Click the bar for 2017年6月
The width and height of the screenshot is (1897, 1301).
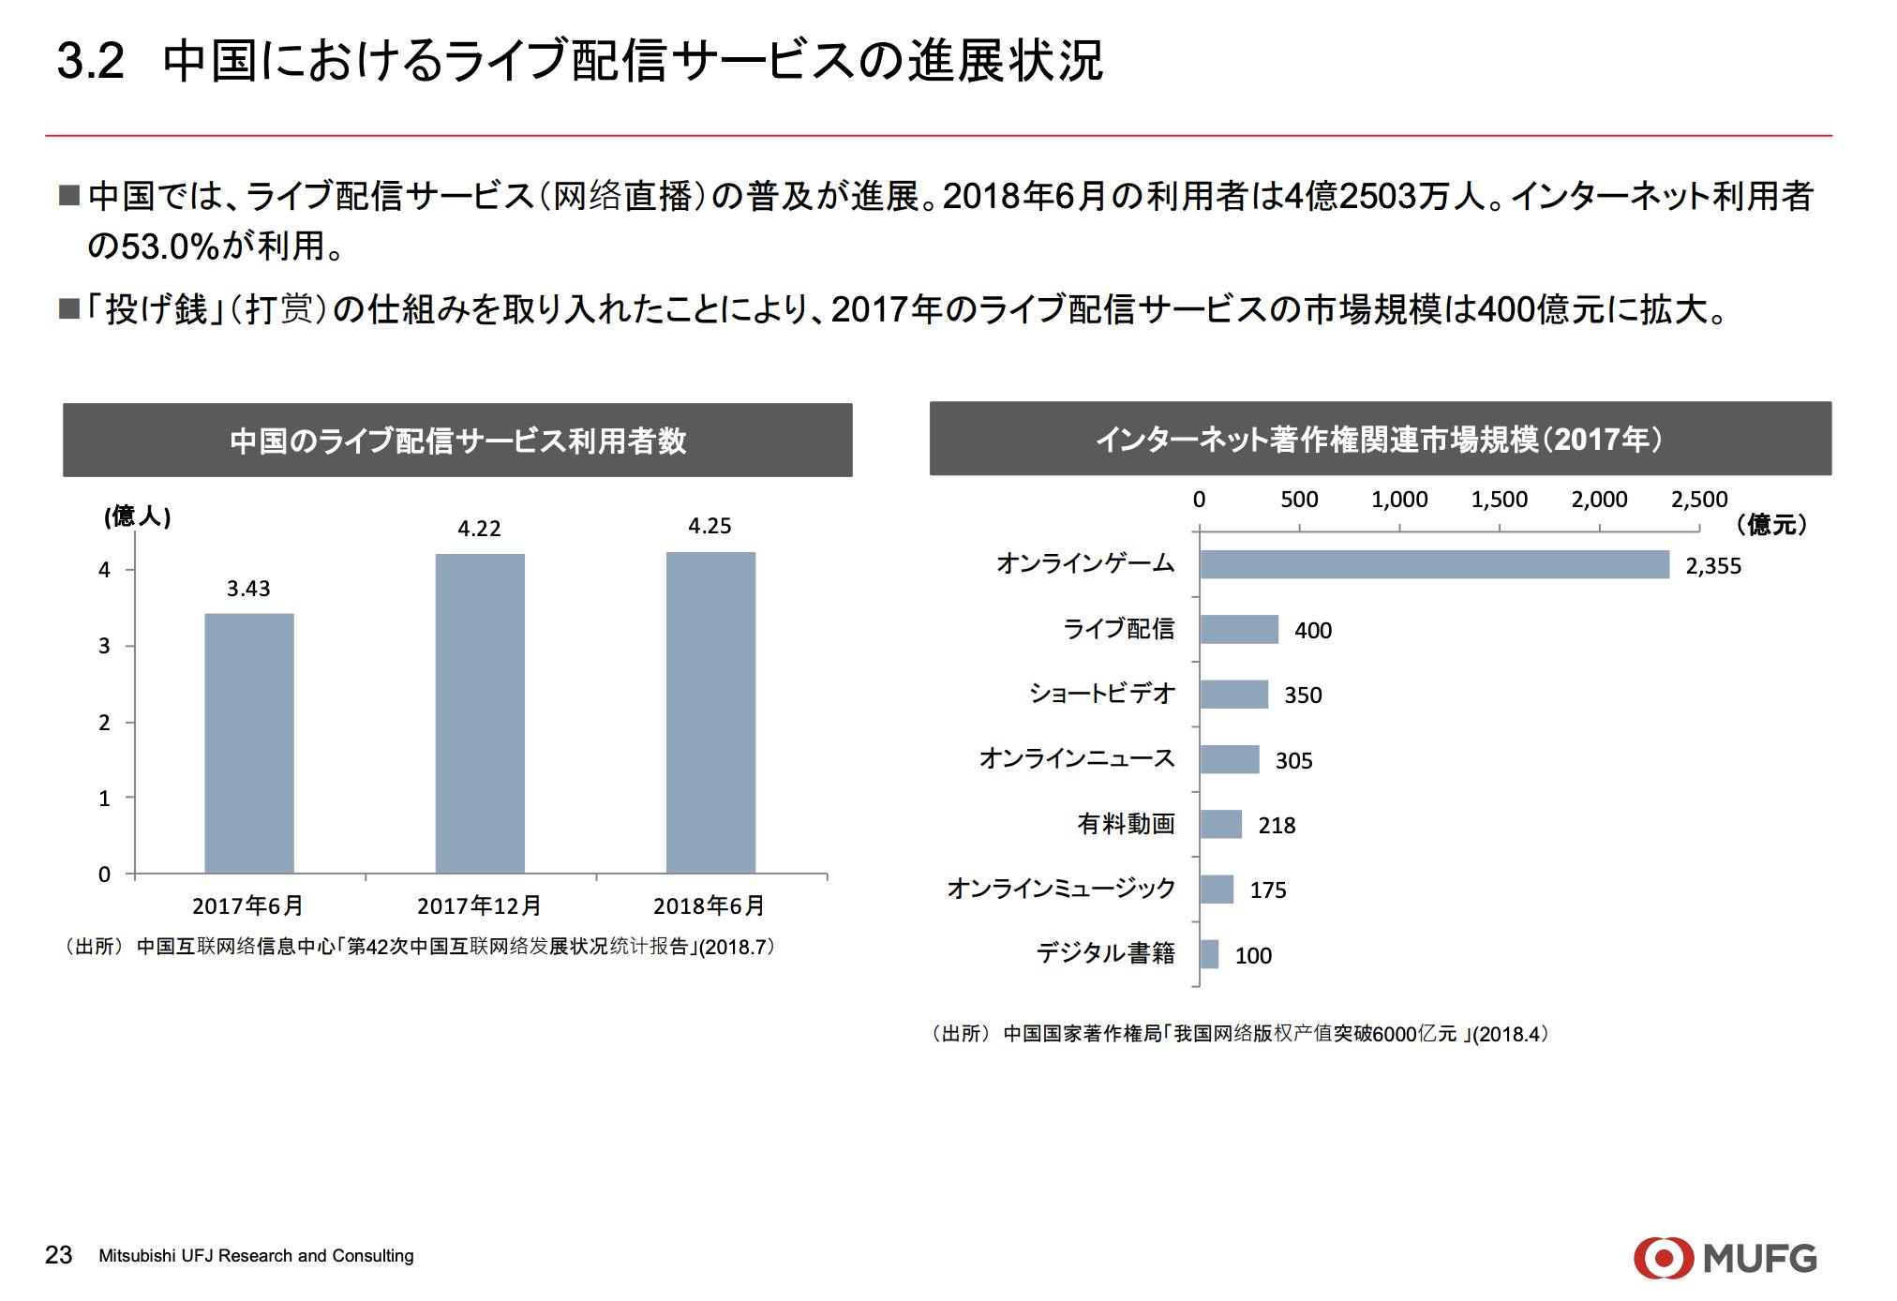[x=248, y=743]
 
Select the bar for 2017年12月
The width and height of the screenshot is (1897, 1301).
[x=479, y=713]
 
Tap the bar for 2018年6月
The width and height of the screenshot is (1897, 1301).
[x=710, y=712]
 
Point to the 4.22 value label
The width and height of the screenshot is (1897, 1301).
[x=479, y=529]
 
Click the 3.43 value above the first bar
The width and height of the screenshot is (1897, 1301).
[x=248, y=589]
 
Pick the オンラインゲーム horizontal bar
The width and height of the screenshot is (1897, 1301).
[x=1434, y=564]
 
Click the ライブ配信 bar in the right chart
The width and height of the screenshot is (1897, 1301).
[x=1238, y=629]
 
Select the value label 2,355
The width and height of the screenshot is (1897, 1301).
[x=1712, y=566]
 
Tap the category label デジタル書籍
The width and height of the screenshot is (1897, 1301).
[x=1105, y=953]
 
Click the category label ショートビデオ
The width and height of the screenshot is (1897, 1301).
[x=1101, y=694]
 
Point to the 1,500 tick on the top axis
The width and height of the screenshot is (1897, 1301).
[x=1499, y=500]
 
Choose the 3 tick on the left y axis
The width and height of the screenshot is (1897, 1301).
[x=104, y=646]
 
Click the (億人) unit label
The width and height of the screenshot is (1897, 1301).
[x=138, y=516]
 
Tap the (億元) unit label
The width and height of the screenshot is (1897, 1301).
[x=1770, y=525]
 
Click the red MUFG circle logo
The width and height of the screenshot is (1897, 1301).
[x=1663, y=1258]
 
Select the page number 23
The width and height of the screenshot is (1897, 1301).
[x=58, y=1255]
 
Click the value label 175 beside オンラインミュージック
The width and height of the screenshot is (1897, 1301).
[x=1267, y=890]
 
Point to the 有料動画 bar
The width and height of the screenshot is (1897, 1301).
[x=1220, y=824]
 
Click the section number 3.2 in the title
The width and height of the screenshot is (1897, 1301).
[x=90, y=62]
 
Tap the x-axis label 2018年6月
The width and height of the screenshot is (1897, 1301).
[x=709, y=906]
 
